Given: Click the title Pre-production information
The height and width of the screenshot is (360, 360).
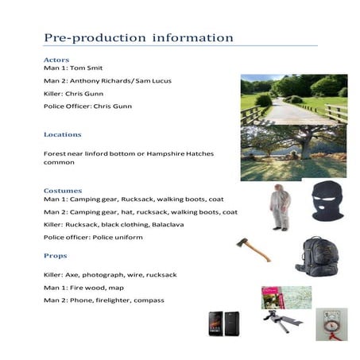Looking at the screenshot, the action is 138,38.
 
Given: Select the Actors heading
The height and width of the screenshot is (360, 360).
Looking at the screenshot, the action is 56,60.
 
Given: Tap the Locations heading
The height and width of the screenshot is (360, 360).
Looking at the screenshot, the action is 63,134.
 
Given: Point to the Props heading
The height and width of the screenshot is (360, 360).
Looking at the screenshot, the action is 55,256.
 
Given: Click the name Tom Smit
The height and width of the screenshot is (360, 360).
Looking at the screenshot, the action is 92,69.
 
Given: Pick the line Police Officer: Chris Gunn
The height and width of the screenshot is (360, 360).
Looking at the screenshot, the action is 87,106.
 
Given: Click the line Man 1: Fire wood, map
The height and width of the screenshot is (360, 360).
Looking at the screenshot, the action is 83,287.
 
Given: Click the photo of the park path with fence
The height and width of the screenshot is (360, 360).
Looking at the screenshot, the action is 293,99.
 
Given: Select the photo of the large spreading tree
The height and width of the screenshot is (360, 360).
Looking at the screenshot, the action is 293,152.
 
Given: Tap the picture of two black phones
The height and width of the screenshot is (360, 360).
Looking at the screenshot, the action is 226,324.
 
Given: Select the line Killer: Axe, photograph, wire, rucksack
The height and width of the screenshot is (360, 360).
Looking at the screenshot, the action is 110,275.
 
